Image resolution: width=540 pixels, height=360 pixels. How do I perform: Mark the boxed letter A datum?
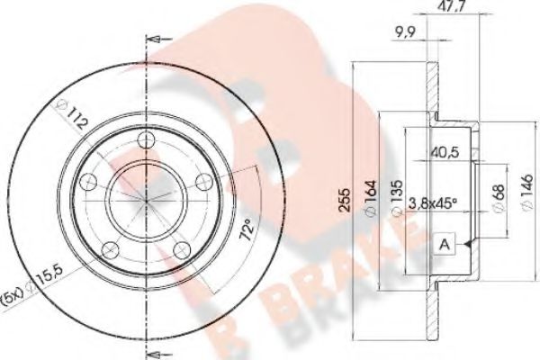(445, 244)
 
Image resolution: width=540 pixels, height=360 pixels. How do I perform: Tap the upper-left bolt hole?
(87, 183)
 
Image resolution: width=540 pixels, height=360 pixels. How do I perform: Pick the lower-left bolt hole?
(110, 248)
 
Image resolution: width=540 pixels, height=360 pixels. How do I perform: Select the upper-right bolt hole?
(202, 179)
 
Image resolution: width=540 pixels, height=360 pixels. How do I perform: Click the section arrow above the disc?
(157, 40)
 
